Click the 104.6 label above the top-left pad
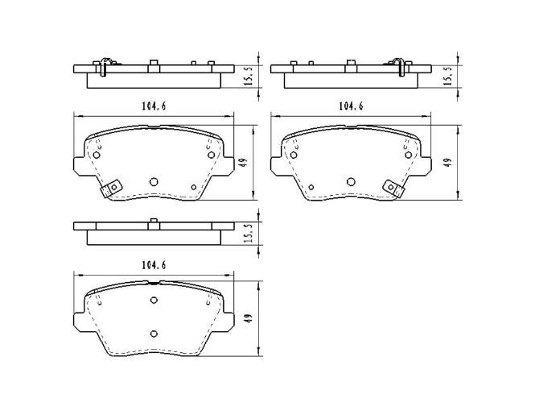tap(154, 106)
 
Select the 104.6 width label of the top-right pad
tap(351, 106)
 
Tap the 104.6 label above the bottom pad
tap(154, 265)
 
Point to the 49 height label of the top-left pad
tap(243, 162)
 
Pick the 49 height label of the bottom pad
tap(249, 318)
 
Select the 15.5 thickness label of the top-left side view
tap(249, 76)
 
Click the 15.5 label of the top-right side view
tap(448, 76)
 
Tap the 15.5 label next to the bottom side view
tap(249, 233)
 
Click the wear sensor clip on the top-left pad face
tap(111, 189)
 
